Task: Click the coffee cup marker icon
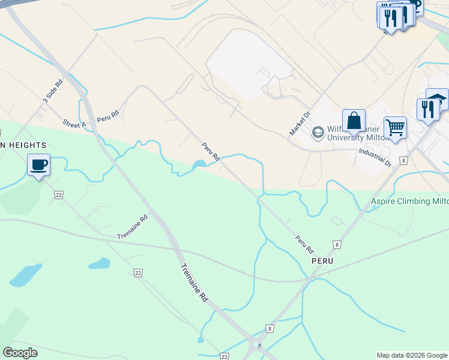(38, 164)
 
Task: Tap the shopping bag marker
(354, 120)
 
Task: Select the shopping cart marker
(395, 127)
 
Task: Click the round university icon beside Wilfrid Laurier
(318, 132)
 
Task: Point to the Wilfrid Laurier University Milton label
(358, 132)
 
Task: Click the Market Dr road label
(298, 123)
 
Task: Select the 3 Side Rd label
(52, 92)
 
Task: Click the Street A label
(74, 124)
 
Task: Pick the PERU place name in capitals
(322, 262)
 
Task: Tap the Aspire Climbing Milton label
(409, 201)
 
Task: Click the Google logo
(20, 353)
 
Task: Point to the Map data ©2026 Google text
(412, 355)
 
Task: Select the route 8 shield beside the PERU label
(337, 245)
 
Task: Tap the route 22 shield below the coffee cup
(58, 194)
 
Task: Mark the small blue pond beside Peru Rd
(199, 164)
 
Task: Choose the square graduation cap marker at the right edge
(437, 98)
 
